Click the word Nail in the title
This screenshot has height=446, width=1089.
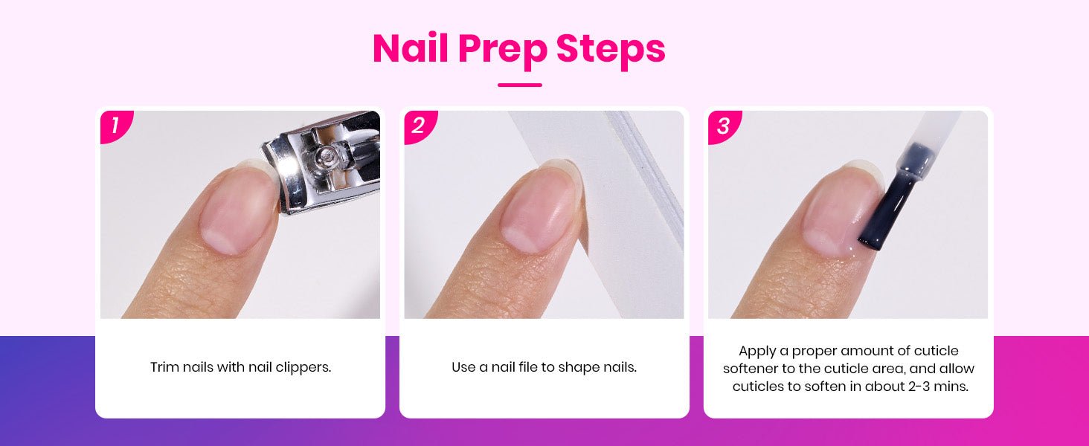click(411, 48)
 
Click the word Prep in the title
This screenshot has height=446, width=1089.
click(503, 51)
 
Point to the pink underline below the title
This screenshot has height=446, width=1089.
click(520, 85)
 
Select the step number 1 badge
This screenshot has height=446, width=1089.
click(115, 126)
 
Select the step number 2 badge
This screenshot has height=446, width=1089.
click(419, 126)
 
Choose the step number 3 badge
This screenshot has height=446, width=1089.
click(723, 126)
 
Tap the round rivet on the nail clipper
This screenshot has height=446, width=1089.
click(327, 156)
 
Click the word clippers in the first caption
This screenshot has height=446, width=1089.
click(303, 368)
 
